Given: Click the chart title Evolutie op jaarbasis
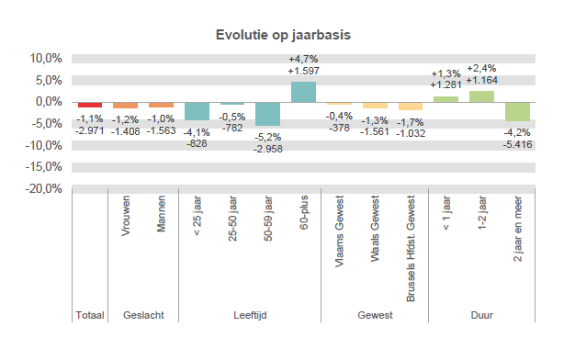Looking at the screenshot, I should [x=283, y=35].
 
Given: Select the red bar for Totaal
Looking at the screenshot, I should [x=90, y=105].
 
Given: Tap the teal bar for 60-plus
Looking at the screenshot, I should [x=303, y=92].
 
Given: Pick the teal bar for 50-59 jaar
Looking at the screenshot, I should [x=267, y=114].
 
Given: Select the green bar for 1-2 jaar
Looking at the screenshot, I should [x=481, y=96].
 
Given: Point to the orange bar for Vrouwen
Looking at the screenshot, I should [x=125, y=105].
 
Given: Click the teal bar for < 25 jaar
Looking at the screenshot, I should [x=197, y=111].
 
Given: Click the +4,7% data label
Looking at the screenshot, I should [x=303, y=59].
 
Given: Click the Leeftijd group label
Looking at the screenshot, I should [x=249, y=315].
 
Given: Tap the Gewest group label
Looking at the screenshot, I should [x=374, y=315].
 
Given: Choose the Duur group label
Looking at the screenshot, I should [x=482, y=315].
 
